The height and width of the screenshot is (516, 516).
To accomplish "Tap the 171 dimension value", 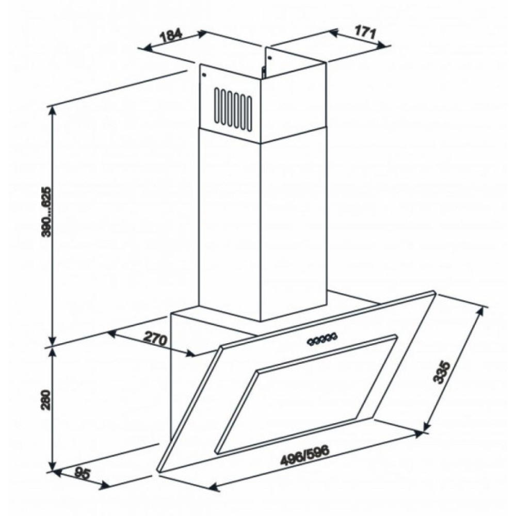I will tap(364, 31).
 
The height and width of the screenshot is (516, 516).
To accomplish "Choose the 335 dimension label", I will tap(442, 372).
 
